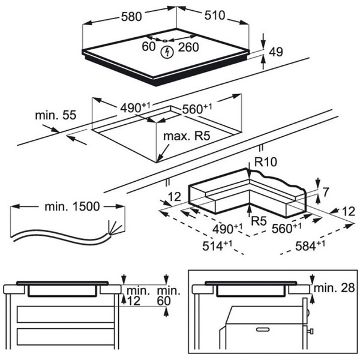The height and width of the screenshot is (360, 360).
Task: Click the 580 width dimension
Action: (x=131, y=17)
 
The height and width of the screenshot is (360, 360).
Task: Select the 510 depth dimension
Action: (x=215, y=16)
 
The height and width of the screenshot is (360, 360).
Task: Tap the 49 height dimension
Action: (x=276, y=52)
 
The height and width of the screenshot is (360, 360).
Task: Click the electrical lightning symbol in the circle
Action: (x=167, y=52)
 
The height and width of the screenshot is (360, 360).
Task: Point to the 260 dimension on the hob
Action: (x=188, y=47)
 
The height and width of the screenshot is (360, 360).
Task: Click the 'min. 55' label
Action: (x=55, y=115)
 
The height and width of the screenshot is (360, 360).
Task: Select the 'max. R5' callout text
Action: (x=187, y=136)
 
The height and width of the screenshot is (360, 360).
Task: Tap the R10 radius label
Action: (x=266, y=162)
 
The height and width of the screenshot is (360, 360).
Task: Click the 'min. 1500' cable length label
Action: (x=72, y=206)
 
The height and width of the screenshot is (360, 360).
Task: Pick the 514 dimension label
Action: (x=217, y=245)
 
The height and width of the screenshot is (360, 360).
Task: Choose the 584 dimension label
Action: (x=310, y=245)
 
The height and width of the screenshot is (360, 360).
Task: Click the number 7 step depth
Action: (x=326, y=192)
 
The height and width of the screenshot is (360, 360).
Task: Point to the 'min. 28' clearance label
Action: (x=334, y=288)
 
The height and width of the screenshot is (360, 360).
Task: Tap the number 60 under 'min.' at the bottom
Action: (x=164, y=301)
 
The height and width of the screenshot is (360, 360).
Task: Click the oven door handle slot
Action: (x=263, y=329)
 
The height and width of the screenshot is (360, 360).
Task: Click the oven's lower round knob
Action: (x=311, y=331)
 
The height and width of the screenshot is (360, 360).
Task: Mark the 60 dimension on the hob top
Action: (x=149, y=46)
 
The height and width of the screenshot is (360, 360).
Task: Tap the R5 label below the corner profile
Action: (x=259, y=221)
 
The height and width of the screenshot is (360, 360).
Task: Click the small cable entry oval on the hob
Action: (x=165, y=41)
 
